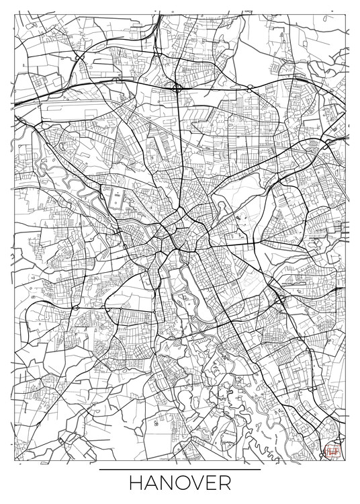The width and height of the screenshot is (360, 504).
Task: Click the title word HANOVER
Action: tap(179, 485)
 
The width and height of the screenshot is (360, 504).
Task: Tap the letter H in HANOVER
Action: tap(135, 485)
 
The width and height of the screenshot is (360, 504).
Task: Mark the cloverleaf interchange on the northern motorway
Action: tap(177, 87)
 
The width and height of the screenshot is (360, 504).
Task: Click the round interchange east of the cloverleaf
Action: tap(249, 87)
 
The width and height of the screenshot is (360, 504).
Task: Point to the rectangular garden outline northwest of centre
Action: tap(116, 199)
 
